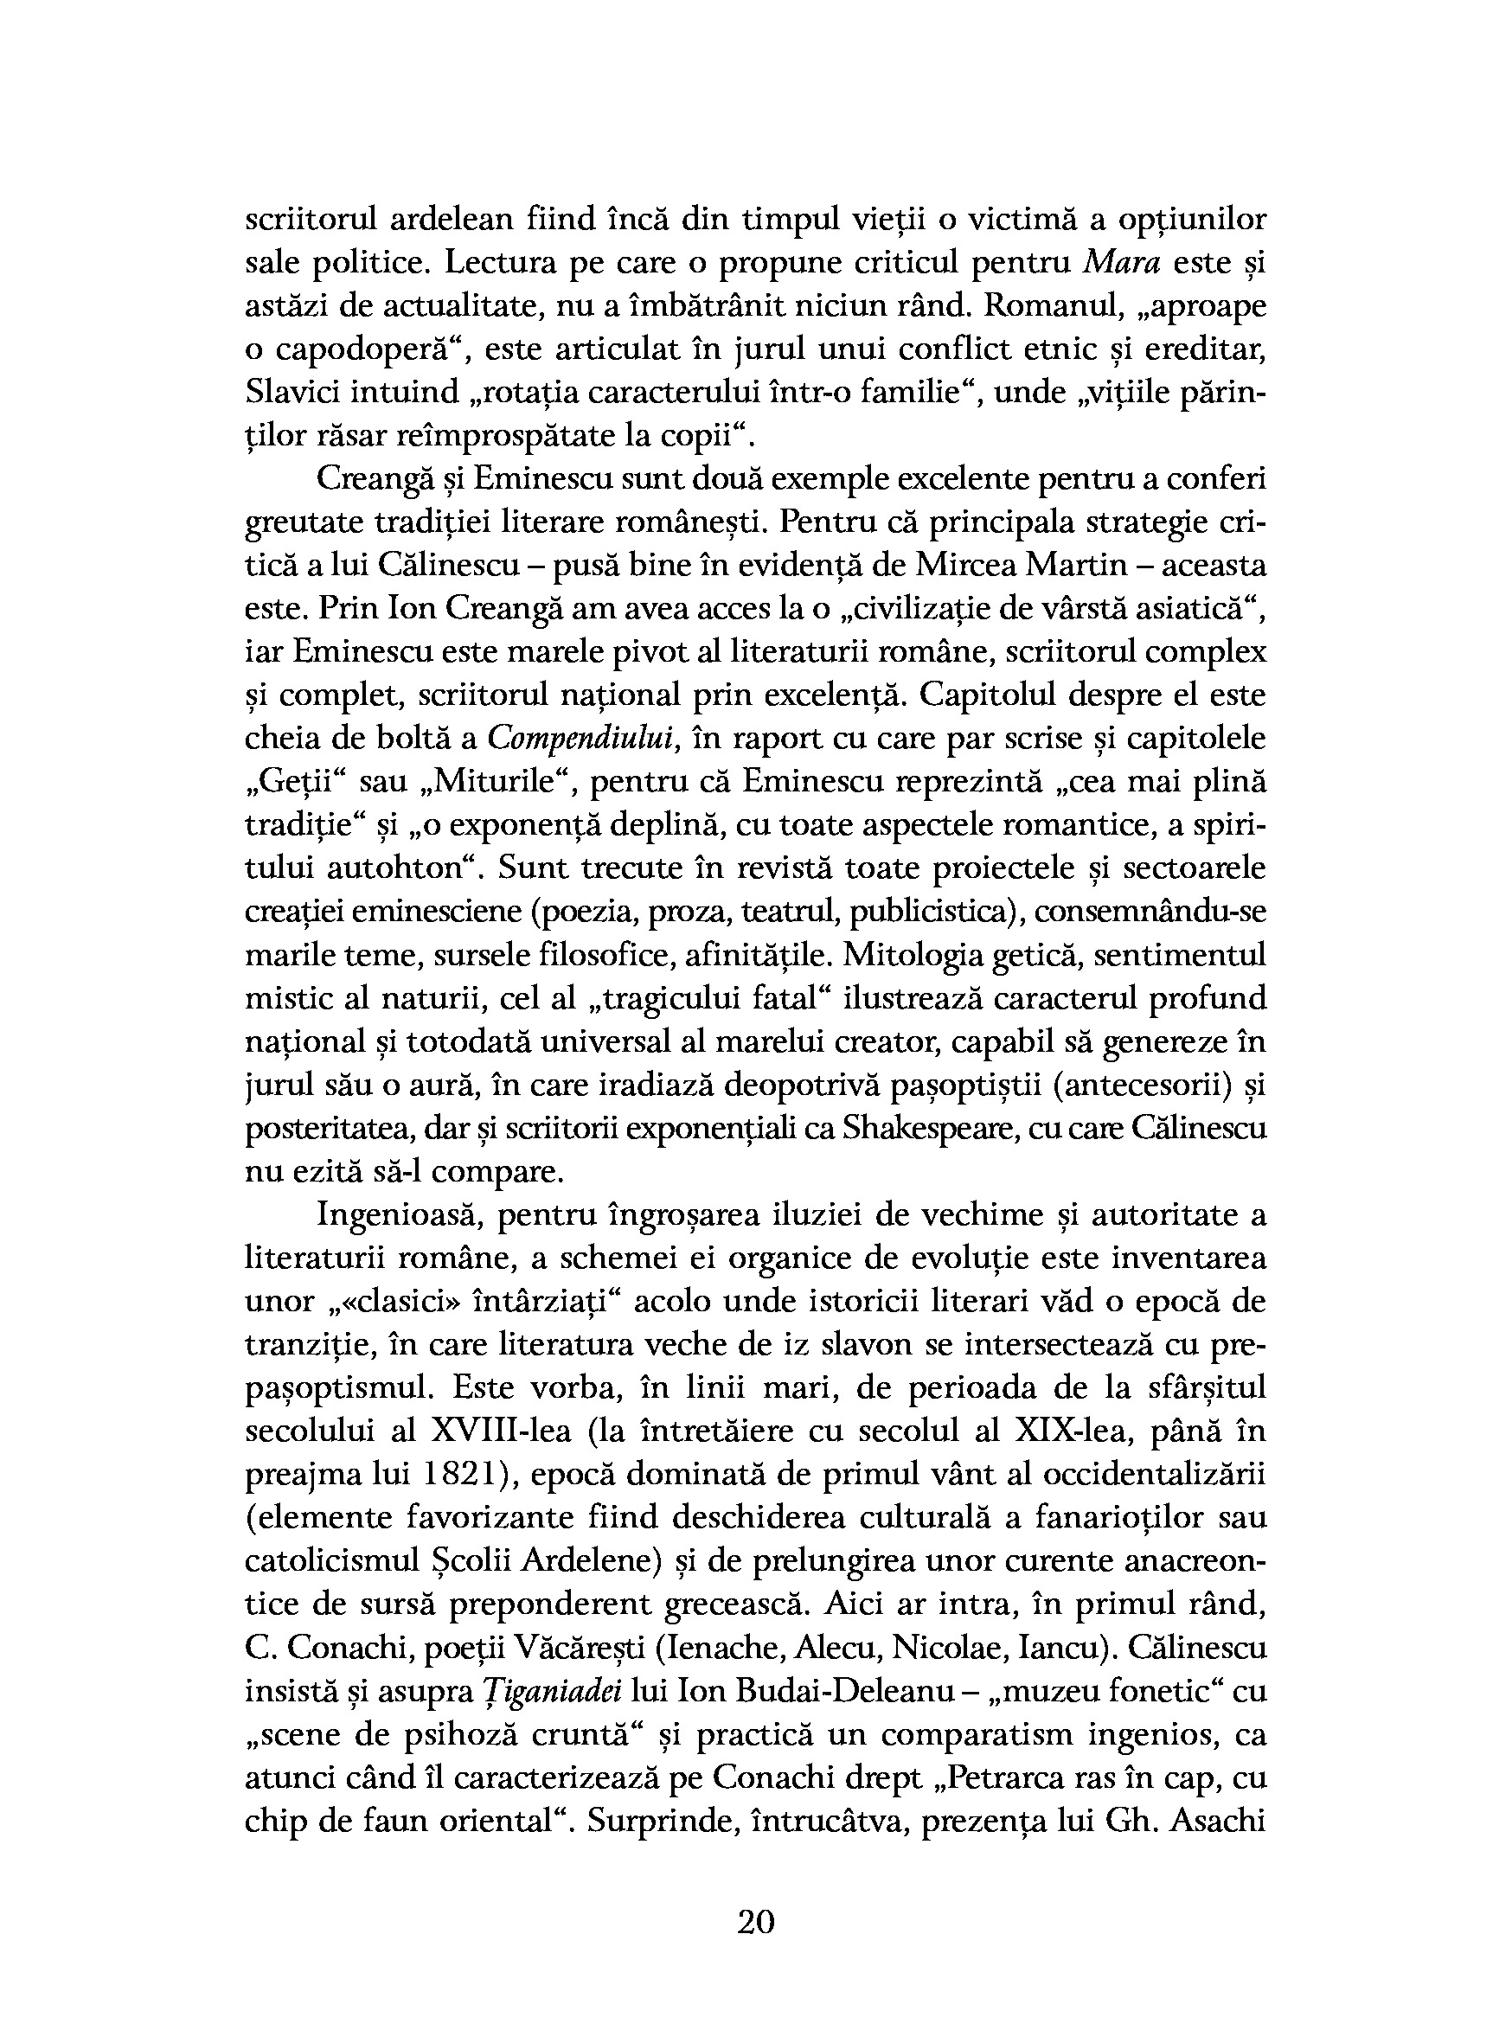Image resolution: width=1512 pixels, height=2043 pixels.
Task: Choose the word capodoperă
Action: tap(372, 349)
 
